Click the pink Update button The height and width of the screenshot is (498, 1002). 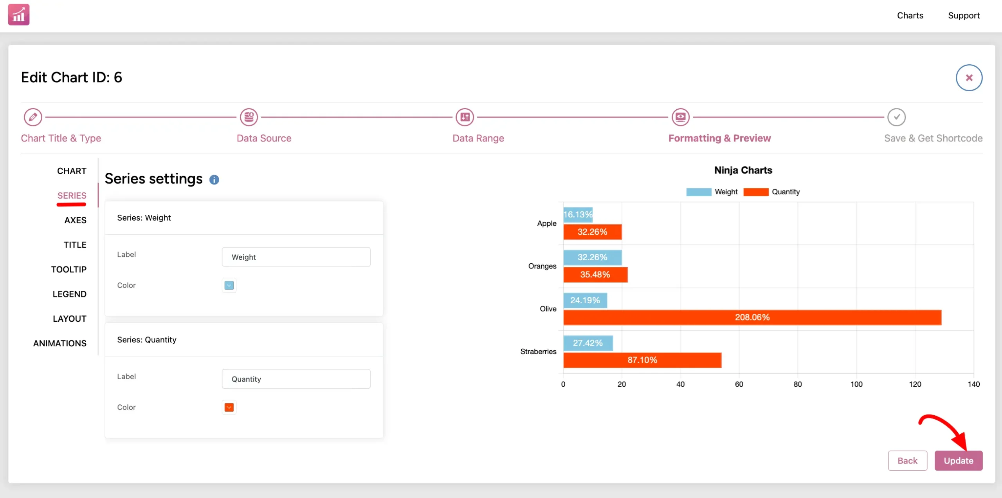(x=958, y=460)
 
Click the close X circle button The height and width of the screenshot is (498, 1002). (x=969, y=78)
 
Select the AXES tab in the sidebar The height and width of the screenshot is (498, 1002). (x=75, y=220)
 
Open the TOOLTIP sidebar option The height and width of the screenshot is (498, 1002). (x=68, y=270)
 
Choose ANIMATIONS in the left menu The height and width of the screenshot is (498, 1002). (x=59, y=343)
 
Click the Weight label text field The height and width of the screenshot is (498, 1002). (x=296, y=257)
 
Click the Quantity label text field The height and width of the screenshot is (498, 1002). (x=296, y=379)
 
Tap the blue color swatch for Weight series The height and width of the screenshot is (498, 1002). (x=229, y=285)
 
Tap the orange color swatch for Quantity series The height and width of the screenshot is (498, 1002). (x=229, y=407)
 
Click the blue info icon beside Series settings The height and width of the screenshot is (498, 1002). (x=214, y=179)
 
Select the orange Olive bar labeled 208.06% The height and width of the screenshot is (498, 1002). (x=752, y=317)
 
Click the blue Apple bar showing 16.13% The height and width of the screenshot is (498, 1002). (x=578, y=215)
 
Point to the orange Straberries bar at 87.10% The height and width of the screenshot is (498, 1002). (x=642, y=360)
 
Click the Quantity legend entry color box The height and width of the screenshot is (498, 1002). (x=756, y=192)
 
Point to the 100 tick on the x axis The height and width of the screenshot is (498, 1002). (x=856, y=384)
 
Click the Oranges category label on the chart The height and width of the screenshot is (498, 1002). (x=542, y=266)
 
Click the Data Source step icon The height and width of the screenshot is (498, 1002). (x=249, y=117)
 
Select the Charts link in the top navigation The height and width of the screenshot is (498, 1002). (x=910, y=16)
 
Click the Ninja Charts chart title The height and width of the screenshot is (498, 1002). (x=743, y=170)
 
